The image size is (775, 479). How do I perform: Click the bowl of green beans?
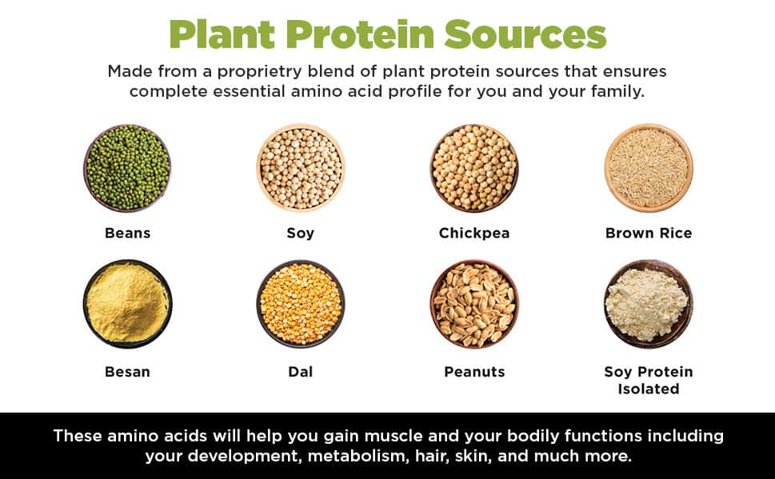pos(127,168)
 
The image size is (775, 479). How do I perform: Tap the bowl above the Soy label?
pos(301,168)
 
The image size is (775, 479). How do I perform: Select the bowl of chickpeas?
pos(474,168)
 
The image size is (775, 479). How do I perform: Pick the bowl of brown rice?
pos(648,168)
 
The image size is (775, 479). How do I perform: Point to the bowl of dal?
pos(301,304)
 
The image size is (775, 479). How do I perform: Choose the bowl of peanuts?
pos(474,304)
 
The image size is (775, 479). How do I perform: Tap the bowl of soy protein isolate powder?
pos(648,304)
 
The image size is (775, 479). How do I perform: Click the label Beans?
pos(127,234)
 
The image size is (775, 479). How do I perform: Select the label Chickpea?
pos(474,234)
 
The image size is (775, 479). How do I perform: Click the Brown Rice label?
pos(648,234)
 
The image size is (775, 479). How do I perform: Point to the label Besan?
pos(127,372)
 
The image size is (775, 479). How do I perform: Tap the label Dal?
pos(301,372)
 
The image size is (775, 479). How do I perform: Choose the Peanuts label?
pos(474,372)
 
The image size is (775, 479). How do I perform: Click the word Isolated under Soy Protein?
pos(648,389)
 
